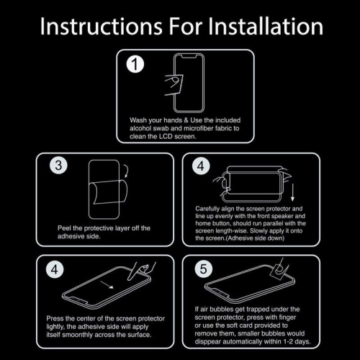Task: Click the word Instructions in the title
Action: coord(102,26)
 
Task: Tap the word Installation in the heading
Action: coord(266,26)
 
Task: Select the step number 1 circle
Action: coord(135,64)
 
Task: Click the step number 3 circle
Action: coord(58,166)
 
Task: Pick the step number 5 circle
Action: coord(204,269)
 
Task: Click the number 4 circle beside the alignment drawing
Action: coord(201,166)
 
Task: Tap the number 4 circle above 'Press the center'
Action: coord(55,269)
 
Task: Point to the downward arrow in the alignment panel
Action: coord(292,193)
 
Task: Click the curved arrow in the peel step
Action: coord(126,171)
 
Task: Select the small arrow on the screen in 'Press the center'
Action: coord(107,285)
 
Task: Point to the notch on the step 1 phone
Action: coord(189,57)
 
